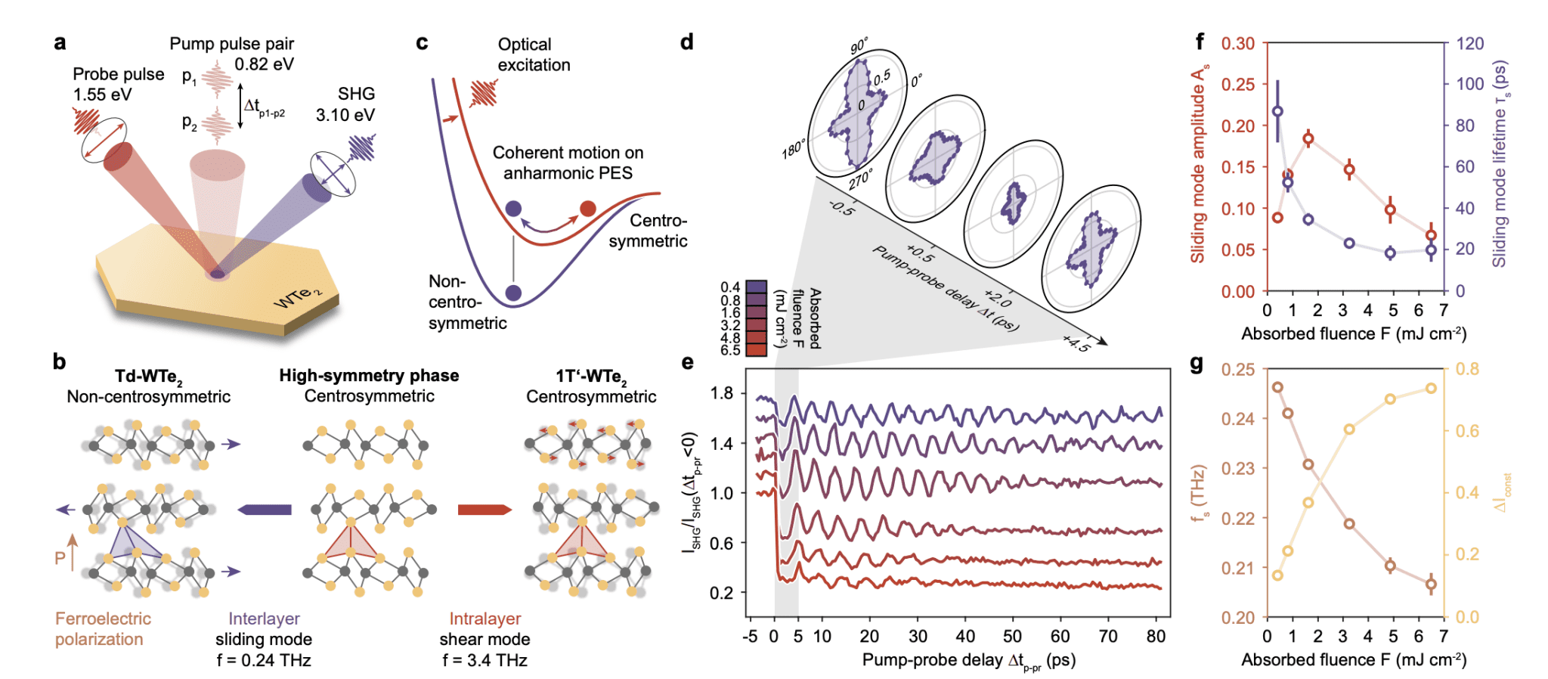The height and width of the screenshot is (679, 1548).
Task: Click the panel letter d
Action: (686, 42)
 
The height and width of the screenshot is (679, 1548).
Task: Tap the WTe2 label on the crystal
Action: (296, 297)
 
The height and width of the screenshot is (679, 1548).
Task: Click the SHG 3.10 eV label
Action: (345, 104)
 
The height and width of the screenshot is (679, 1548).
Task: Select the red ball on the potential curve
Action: (587, 209)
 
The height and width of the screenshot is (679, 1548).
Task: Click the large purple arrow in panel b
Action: (265, 510)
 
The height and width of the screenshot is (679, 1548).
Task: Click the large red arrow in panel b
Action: (485, 510)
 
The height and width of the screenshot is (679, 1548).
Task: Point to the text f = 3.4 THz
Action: (485, 660)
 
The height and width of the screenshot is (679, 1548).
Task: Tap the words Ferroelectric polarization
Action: (103, 628)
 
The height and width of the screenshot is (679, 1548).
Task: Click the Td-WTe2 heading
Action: (148, 376)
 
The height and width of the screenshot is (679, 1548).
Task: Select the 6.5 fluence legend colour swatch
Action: (756, 349)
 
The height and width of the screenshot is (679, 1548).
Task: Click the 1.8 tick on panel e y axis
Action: (722, 393)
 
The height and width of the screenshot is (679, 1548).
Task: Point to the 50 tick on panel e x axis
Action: (1012, 637)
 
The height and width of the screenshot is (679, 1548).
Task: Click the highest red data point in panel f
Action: (1308, 138)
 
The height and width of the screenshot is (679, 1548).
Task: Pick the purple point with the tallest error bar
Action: (1277, 111)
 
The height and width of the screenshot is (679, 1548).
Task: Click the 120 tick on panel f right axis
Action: (1470, 44)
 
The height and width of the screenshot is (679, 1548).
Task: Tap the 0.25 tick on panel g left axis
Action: (1237, 370)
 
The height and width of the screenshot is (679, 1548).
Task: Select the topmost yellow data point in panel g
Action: (1431, 388)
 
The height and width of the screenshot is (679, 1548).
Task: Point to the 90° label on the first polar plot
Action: (859, 47)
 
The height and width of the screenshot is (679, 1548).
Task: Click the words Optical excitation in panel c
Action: (533, 54)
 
